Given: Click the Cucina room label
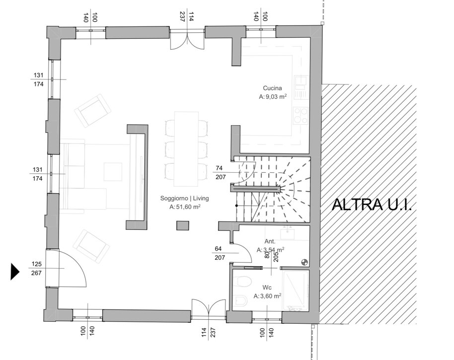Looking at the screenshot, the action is [x=272, y=88].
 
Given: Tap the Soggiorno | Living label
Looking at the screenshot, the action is [x=184, y=198].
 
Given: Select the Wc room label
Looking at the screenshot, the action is [x=267, y=288].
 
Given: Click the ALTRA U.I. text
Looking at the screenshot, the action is [x=372, y=204].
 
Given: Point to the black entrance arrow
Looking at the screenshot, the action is [x=15, y=272].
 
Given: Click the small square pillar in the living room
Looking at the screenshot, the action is [x=183, y=225].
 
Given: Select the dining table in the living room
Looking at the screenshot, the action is [x=186, y=149].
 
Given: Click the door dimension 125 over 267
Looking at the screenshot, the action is [x=36, y=268].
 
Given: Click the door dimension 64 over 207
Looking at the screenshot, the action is [x=220, y=253].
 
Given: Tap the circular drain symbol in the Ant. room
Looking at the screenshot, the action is [x=304, y=263].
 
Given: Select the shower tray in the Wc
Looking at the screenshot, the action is [x=296, y=290].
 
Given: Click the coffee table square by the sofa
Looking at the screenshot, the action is [x=113, y=172].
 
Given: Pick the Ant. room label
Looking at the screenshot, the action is [x=270, y=241].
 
